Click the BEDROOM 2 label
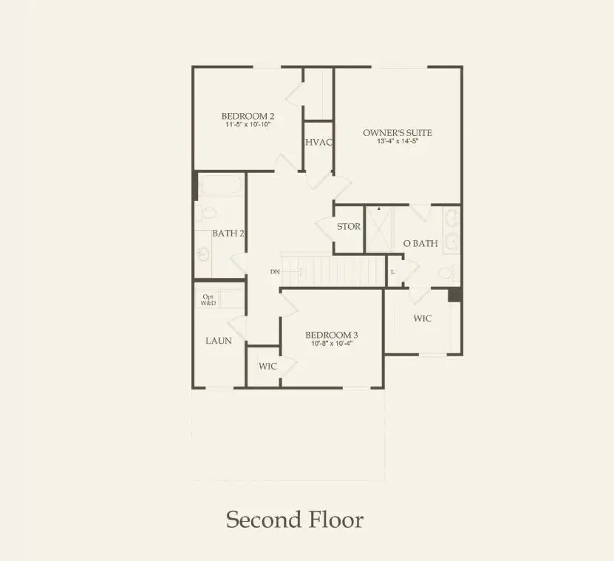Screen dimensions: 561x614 click(x=248, y=116)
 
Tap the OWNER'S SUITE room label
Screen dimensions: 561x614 click(x=397, y=133)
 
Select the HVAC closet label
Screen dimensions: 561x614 click(x=318, y=142)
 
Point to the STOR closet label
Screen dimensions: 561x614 click(x=349, y=226)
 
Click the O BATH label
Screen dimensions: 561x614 click(x=420, y=243)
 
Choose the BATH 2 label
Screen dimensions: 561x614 click(x=228, y=233)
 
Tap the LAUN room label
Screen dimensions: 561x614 click(x=219, y=341)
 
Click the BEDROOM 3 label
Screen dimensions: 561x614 click(x=332, y=335)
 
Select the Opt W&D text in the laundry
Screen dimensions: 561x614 click(x=209, y=300)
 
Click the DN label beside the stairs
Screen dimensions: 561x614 click(x=275, y=272)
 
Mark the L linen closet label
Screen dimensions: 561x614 click(x=393, y=272)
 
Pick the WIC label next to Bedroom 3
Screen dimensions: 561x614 click(x=267, y=367)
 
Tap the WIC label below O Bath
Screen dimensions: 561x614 click(x=422, y=319)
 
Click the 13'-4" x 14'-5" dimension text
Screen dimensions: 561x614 click(x=398, y=142)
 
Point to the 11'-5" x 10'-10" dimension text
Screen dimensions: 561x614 click(x=249, y=125)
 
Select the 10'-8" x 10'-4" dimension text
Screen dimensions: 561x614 click(x=332, y=344)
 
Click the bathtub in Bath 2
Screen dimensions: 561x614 click(x=219, y=185)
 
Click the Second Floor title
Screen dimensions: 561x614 click(x=294, y=519)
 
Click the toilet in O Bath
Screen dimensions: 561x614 click(x=446, y=273)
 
